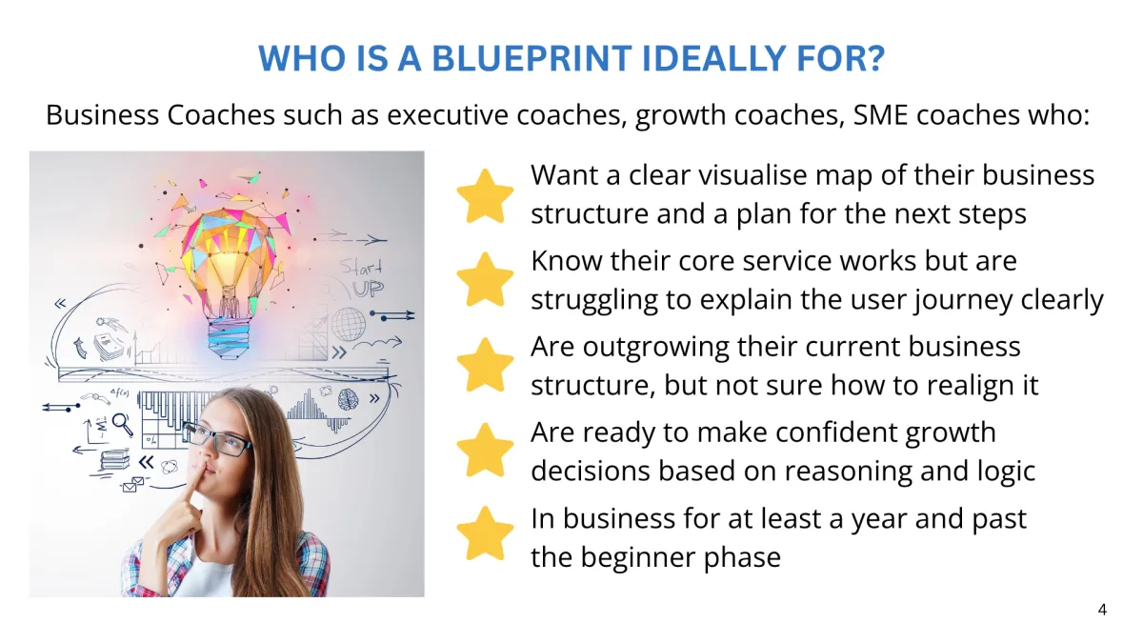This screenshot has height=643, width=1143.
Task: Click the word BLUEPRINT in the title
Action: click(531, 58)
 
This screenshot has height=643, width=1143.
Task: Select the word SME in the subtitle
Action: click(881, 115)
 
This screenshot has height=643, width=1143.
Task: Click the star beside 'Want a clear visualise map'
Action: click(485, 196)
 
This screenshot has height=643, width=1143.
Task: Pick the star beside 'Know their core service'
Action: click(485, 280)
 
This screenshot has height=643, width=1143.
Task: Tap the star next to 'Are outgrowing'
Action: click(485, 366)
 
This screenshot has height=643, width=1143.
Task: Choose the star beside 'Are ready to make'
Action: click(485, 451)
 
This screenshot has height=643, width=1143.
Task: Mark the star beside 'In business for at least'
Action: click(485, 533)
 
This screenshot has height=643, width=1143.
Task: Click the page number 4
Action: click(1102, 610)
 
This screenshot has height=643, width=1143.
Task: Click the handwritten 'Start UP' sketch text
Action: click(363, 278)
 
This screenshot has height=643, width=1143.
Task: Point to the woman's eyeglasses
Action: click(216, 439)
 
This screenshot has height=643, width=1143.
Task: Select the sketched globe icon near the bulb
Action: click(349, 324)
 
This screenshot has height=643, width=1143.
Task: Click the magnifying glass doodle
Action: click(123, 425)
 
